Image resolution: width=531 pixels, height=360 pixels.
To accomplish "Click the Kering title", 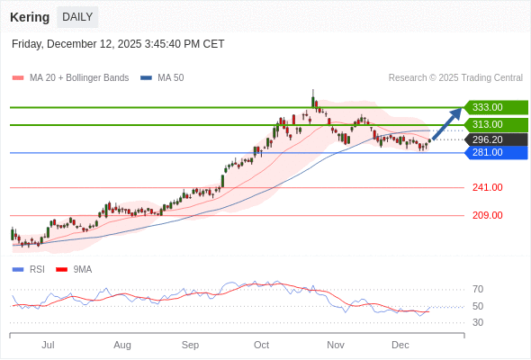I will [x=30, y=17].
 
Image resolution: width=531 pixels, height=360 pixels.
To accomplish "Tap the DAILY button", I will [x=77, y=17].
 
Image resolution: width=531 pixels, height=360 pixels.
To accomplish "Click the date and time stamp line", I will [x=118, y=44].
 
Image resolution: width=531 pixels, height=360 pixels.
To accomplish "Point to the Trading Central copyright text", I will [x=455, y=78].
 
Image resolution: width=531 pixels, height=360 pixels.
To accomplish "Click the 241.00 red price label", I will [x=487, y=187].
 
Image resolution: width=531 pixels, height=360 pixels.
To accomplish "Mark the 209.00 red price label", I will [x=487, y=215].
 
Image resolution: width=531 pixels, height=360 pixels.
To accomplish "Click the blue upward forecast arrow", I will [x=447, y=123].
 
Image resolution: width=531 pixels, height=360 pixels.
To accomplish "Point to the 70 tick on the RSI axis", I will [x=478, y=289].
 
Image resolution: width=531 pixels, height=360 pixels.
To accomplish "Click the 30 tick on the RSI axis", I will [x=478, y=322].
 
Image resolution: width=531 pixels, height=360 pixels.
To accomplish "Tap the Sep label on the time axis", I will [x=190, y=345].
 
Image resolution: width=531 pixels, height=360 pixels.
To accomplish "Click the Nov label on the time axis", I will [x=336, y=345].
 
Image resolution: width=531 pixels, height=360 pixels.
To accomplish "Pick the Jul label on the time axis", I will [x=48, y=345].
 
